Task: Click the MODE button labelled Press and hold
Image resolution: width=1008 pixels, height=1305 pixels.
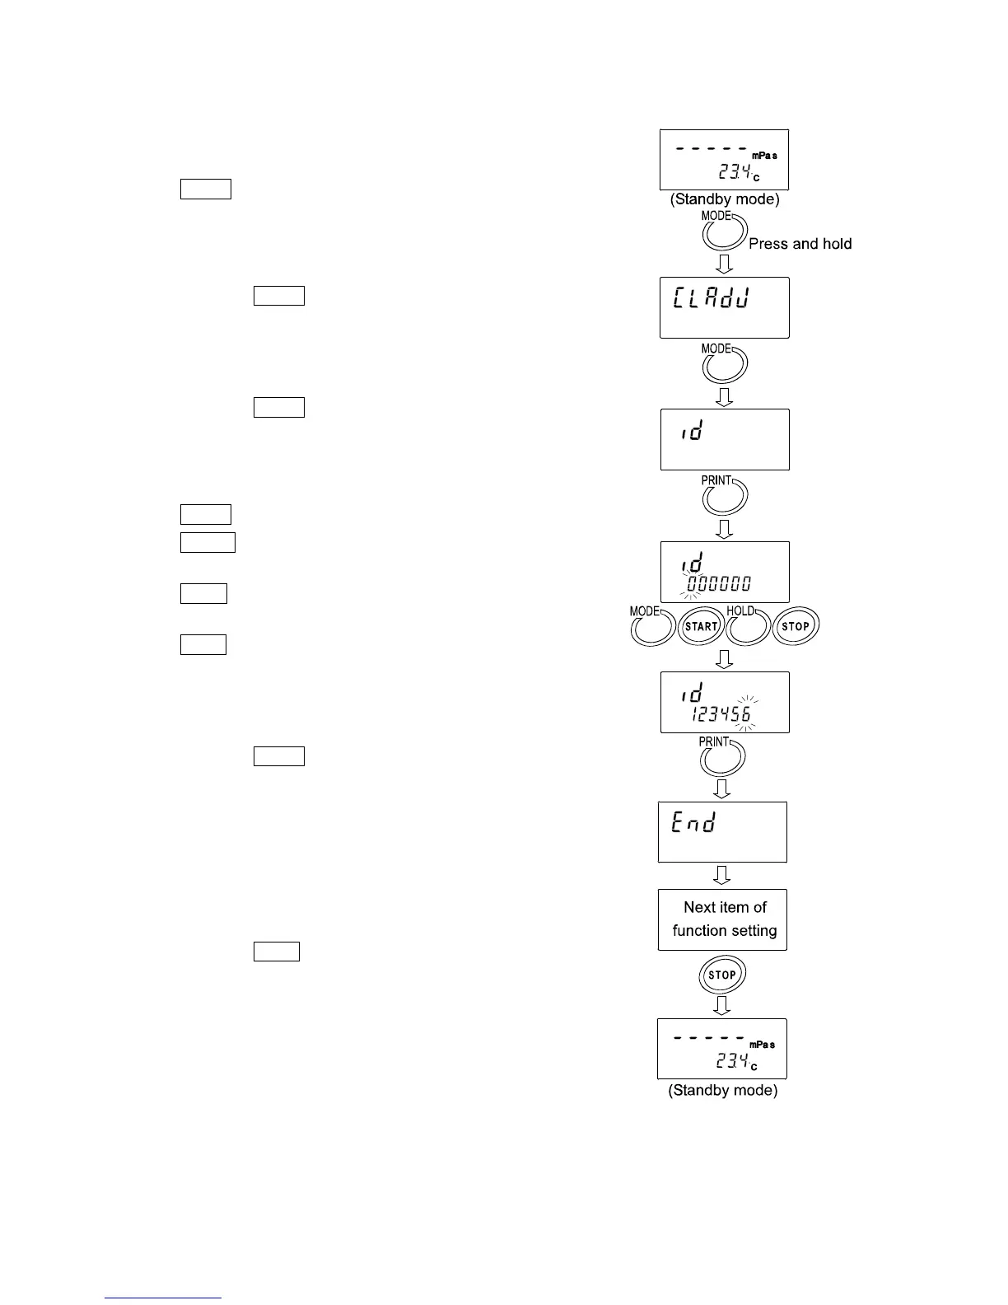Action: (724, 234)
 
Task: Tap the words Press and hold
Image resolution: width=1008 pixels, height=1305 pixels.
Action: (800, 244)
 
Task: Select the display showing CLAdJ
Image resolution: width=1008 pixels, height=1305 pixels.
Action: (724, 307)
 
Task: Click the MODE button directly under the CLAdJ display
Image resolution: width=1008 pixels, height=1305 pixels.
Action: (724, 365)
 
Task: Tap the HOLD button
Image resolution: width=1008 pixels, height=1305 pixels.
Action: (748, 628)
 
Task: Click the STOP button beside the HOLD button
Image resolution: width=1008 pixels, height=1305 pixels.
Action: (796, 627)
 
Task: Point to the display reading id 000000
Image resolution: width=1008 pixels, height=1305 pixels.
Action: (725, 572)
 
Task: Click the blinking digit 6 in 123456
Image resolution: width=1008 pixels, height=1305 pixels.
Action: (745, 714)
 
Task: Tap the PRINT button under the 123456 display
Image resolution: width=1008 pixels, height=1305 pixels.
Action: (722, 758)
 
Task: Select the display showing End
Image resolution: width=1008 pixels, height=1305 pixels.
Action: (722, 832)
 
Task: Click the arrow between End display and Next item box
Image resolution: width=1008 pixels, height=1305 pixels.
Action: (721, 875)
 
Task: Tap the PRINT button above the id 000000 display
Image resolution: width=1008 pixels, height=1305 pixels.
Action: (724, 497)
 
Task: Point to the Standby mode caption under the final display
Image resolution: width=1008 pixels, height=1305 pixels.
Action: (722, 1091)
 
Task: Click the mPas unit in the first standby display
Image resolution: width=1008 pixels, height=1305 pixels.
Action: (763, 156)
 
